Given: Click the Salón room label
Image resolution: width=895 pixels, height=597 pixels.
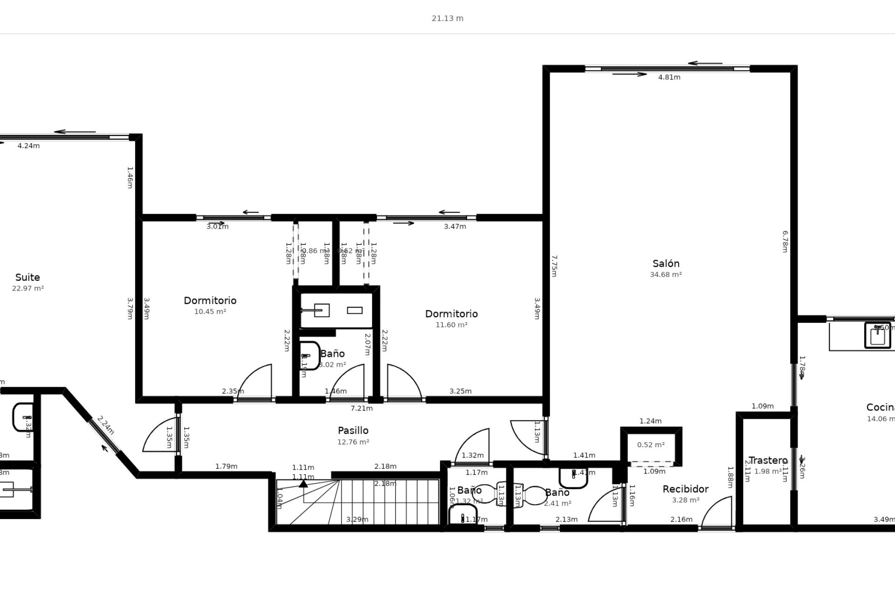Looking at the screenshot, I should (666, 264).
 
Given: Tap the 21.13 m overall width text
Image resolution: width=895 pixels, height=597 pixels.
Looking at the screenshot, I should (447, 19).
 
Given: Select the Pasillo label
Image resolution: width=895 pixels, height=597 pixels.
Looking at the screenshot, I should (353, 430).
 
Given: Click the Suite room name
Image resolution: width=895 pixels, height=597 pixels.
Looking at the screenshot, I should (28, 278).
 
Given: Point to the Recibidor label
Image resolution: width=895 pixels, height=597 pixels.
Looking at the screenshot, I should (685, 489).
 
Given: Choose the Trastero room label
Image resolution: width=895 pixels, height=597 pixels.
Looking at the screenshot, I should (768, 461).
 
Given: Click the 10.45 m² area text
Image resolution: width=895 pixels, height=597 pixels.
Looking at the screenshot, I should (210, 312).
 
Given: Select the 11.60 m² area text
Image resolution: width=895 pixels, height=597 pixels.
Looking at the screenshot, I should (451, 325).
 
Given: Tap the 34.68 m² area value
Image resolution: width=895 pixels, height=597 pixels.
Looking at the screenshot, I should (666, 275).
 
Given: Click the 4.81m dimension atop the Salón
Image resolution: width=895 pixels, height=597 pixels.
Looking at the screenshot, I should (669, 77).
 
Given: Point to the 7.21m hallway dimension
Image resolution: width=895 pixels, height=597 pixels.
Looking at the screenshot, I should (361, 409).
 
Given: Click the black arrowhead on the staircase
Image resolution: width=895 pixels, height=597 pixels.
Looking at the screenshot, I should (303, 483).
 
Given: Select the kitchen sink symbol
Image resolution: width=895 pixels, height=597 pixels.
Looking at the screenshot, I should (877, 335).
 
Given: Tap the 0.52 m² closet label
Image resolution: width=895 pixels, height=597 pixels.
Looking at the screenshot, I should (651, 445).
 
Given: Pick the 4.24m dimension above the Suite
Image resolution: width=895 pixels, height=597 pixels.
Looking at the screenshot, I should (28, 146).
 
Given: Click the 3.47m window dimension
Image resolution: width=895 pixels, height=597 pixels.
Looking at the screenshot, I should (454, 227).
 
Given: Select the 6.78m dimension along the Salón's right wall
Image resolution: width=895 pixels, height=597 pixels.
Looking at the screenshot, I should (785, 242).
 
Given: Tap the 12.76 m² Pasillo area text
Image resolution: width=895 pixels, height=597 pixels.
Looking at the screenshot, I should (353, 442).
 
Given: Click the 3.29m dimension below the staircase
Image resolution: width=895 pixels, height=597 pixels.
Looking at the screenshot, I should (357, 520).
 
